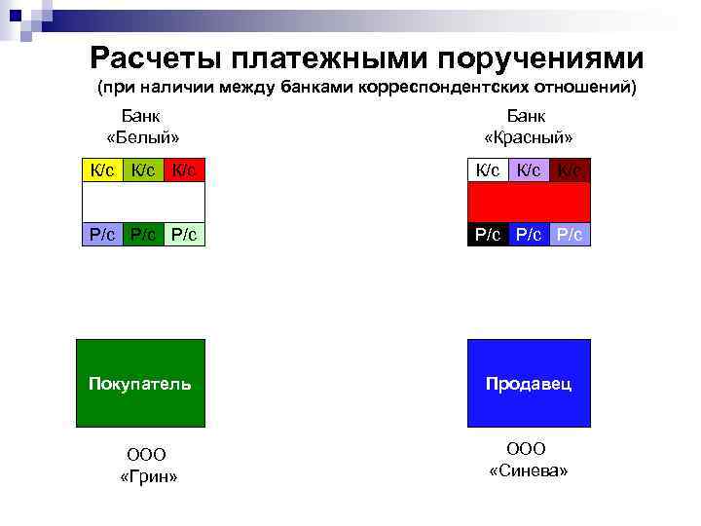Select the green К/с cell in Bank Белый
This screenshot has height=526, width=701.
pyautogui.click(x=142, y=170)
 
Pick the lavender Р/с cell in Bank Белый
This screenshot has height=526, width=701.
pyautogui.click(x=100, y=234)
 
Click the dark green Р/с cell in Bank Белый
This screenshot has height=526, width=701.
pyautogui.click(x=142, y=234)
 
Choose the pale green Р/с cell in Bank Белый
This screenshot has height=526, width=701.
pyautogui.click(x=184, y=234)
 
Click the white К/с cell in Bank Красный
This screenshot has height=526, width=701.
pyautogui.click(x=488, y=170)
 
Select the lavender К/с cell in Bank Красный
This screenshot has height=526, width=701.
pyautogui.click(x=529, y=170)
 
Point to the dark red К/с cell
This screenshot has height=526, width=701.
pyautogui.click(x=570, y=170)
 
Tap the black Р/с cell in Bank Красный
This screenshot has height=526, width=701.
pyautogui.click(x=488, y=234)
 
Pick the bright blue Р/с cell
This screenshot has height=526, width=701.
pyautogui.click(x=529, y=234)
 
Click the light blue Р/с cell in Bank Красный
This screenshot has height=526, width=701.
pyautogui.click(x=570, y=234)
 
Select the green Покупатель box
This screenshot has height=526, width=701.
pyautogui.click(x=140, y=383)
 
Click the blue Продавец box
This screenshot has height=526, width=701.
pyautogui.click(x=529, y=383)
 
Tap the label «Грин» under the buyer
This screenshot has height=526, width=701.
pyautogui.click(x=147, y=476)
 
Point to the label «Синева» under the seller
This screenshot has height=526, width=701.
pyautogui.click(x=528, y=470)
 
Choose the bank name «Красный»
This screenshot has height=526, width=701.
pyautogui.click(x=528, y=137)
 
